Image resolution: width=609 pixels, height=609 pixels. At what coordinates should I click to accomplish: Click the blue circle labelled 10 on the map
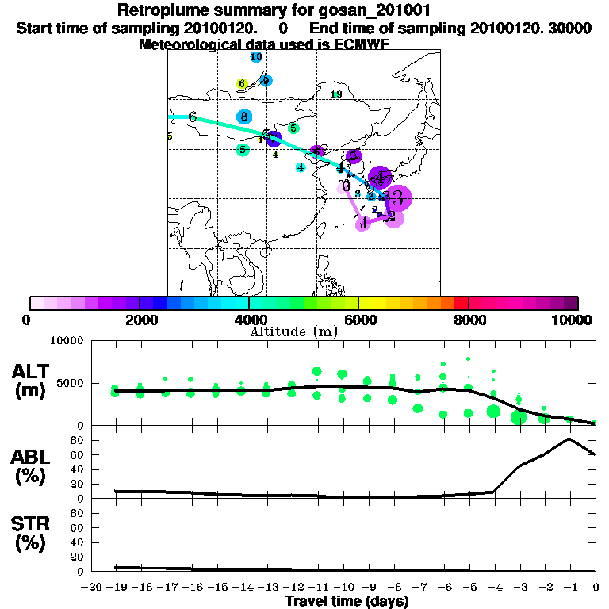[x=256, y=57]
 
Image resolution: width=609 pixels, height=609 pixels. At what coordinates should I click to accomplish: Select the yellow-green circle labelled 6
[x=243, y=84]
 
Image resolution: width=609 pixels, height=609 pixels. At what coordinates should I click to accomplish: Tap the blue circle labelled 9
[x=266, y=81]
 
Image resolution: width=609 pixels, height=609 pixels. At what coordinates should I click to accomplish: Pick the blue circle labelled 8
[x=244, y=117]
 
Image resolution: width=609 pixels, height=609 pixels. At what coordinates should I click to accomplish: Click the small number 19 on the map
[x=336, y=94]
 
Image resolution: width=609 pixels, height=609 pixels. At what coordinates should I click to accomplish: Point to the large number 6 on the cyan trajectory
[x=192, y=117]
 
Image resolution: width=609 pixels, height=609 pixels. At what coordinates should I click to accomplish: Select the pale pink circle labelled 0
[x=345, y=186]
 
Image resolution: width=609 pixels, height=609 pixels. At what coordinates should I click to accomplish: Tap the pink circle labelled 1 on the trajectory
[x=363, y=224]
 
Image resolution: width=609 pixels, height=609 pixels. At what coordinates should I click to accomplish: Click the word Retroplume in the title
[x=164, y=11]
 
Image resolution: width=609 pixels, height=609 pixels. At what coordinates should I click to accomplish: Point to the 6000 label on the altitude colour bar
[x=358, y=320]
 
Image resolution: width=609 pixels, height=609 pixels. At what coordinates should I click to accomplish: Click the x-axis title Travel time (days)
[x=347, y=601]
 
